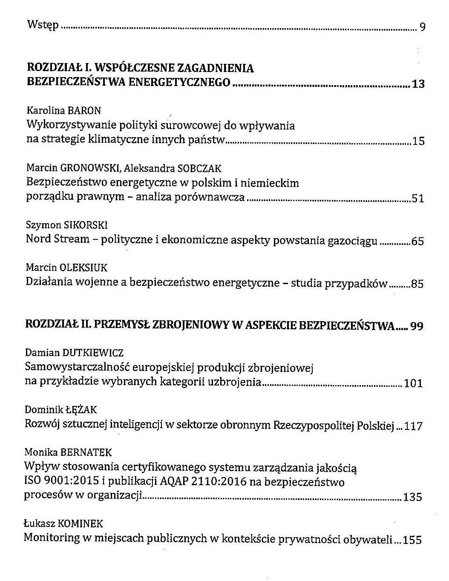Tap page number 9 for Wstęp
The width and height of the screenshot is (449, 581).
[422, 27]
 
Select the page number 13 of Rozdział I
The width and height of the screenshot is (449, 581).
[418, 84]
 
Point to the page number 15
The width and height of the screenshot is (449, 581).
[418, 141]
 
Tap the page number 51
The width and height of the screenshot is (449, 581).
[418, 198]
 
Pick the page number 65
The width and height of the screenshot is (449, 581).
[418, 242]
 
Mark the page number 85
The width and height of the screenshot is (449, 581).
[417, 284]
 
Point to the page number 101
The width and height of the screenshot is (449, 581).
[413, 383]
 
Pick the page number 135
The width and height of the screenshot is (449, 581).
[412, 497]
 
